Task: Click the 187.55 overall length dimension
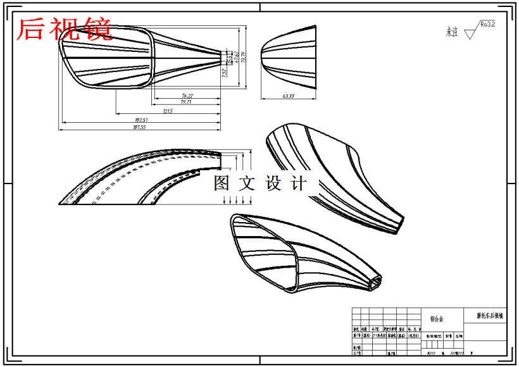(139, 127)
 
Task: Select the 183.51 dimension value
(141, 120)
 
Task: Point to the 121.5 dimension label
(168, 111)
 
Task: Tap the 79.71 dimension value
(186, 101)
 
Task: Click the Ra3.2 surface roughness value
(487, 25)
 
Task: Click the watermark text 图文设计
(259, 183)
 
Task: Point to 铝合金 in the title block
(437, 319)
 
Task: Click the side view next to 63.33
(288, 58)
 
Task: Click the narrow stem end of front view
(218, 58)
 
